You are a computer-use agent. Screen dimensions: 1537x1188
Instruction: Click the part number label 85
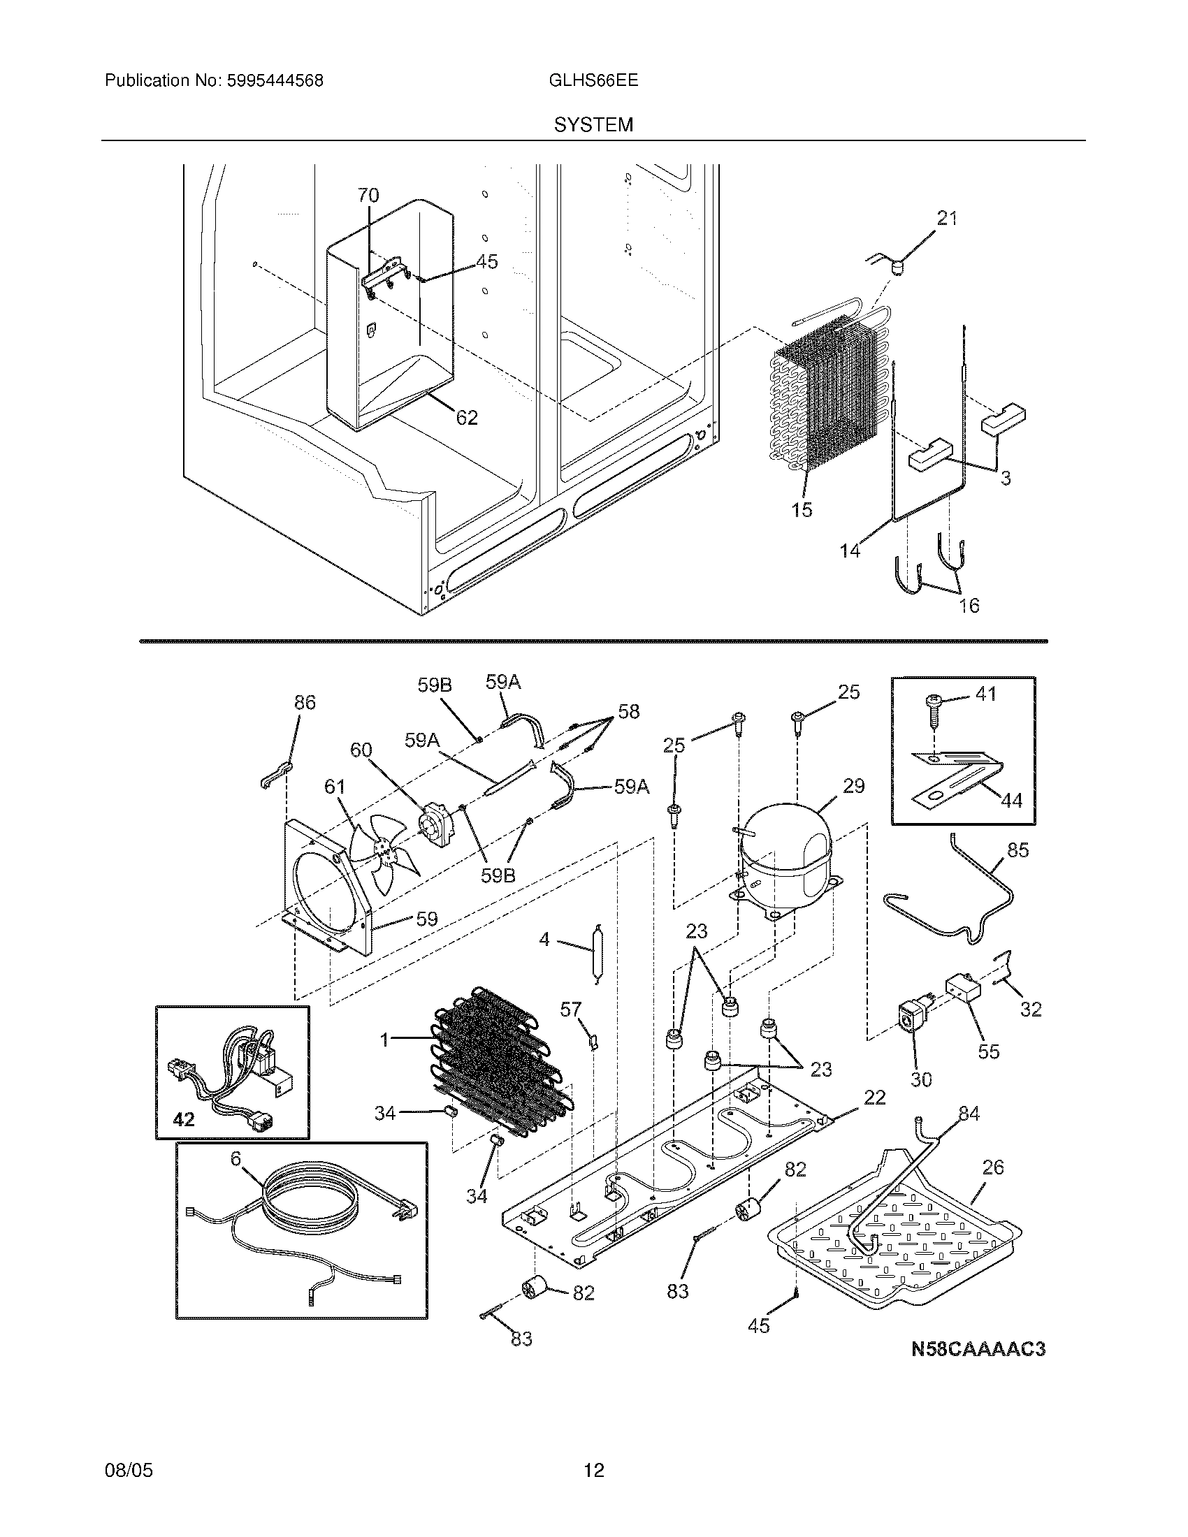click(1017, 850)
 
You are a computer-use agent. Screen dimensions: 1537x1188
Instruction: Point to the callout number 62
click(467, 418)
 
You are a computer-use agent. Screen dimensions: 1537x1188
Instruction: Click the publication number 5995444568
click(275, 81)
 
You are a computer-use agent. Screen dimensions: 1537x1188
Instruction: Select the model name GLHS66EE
click(593, 80)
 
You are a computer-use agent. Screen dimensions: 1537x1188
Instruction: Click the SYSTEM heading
click(593, 125)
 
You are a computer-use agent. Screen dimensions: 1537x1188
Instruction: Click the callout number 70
click(368, 195)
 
